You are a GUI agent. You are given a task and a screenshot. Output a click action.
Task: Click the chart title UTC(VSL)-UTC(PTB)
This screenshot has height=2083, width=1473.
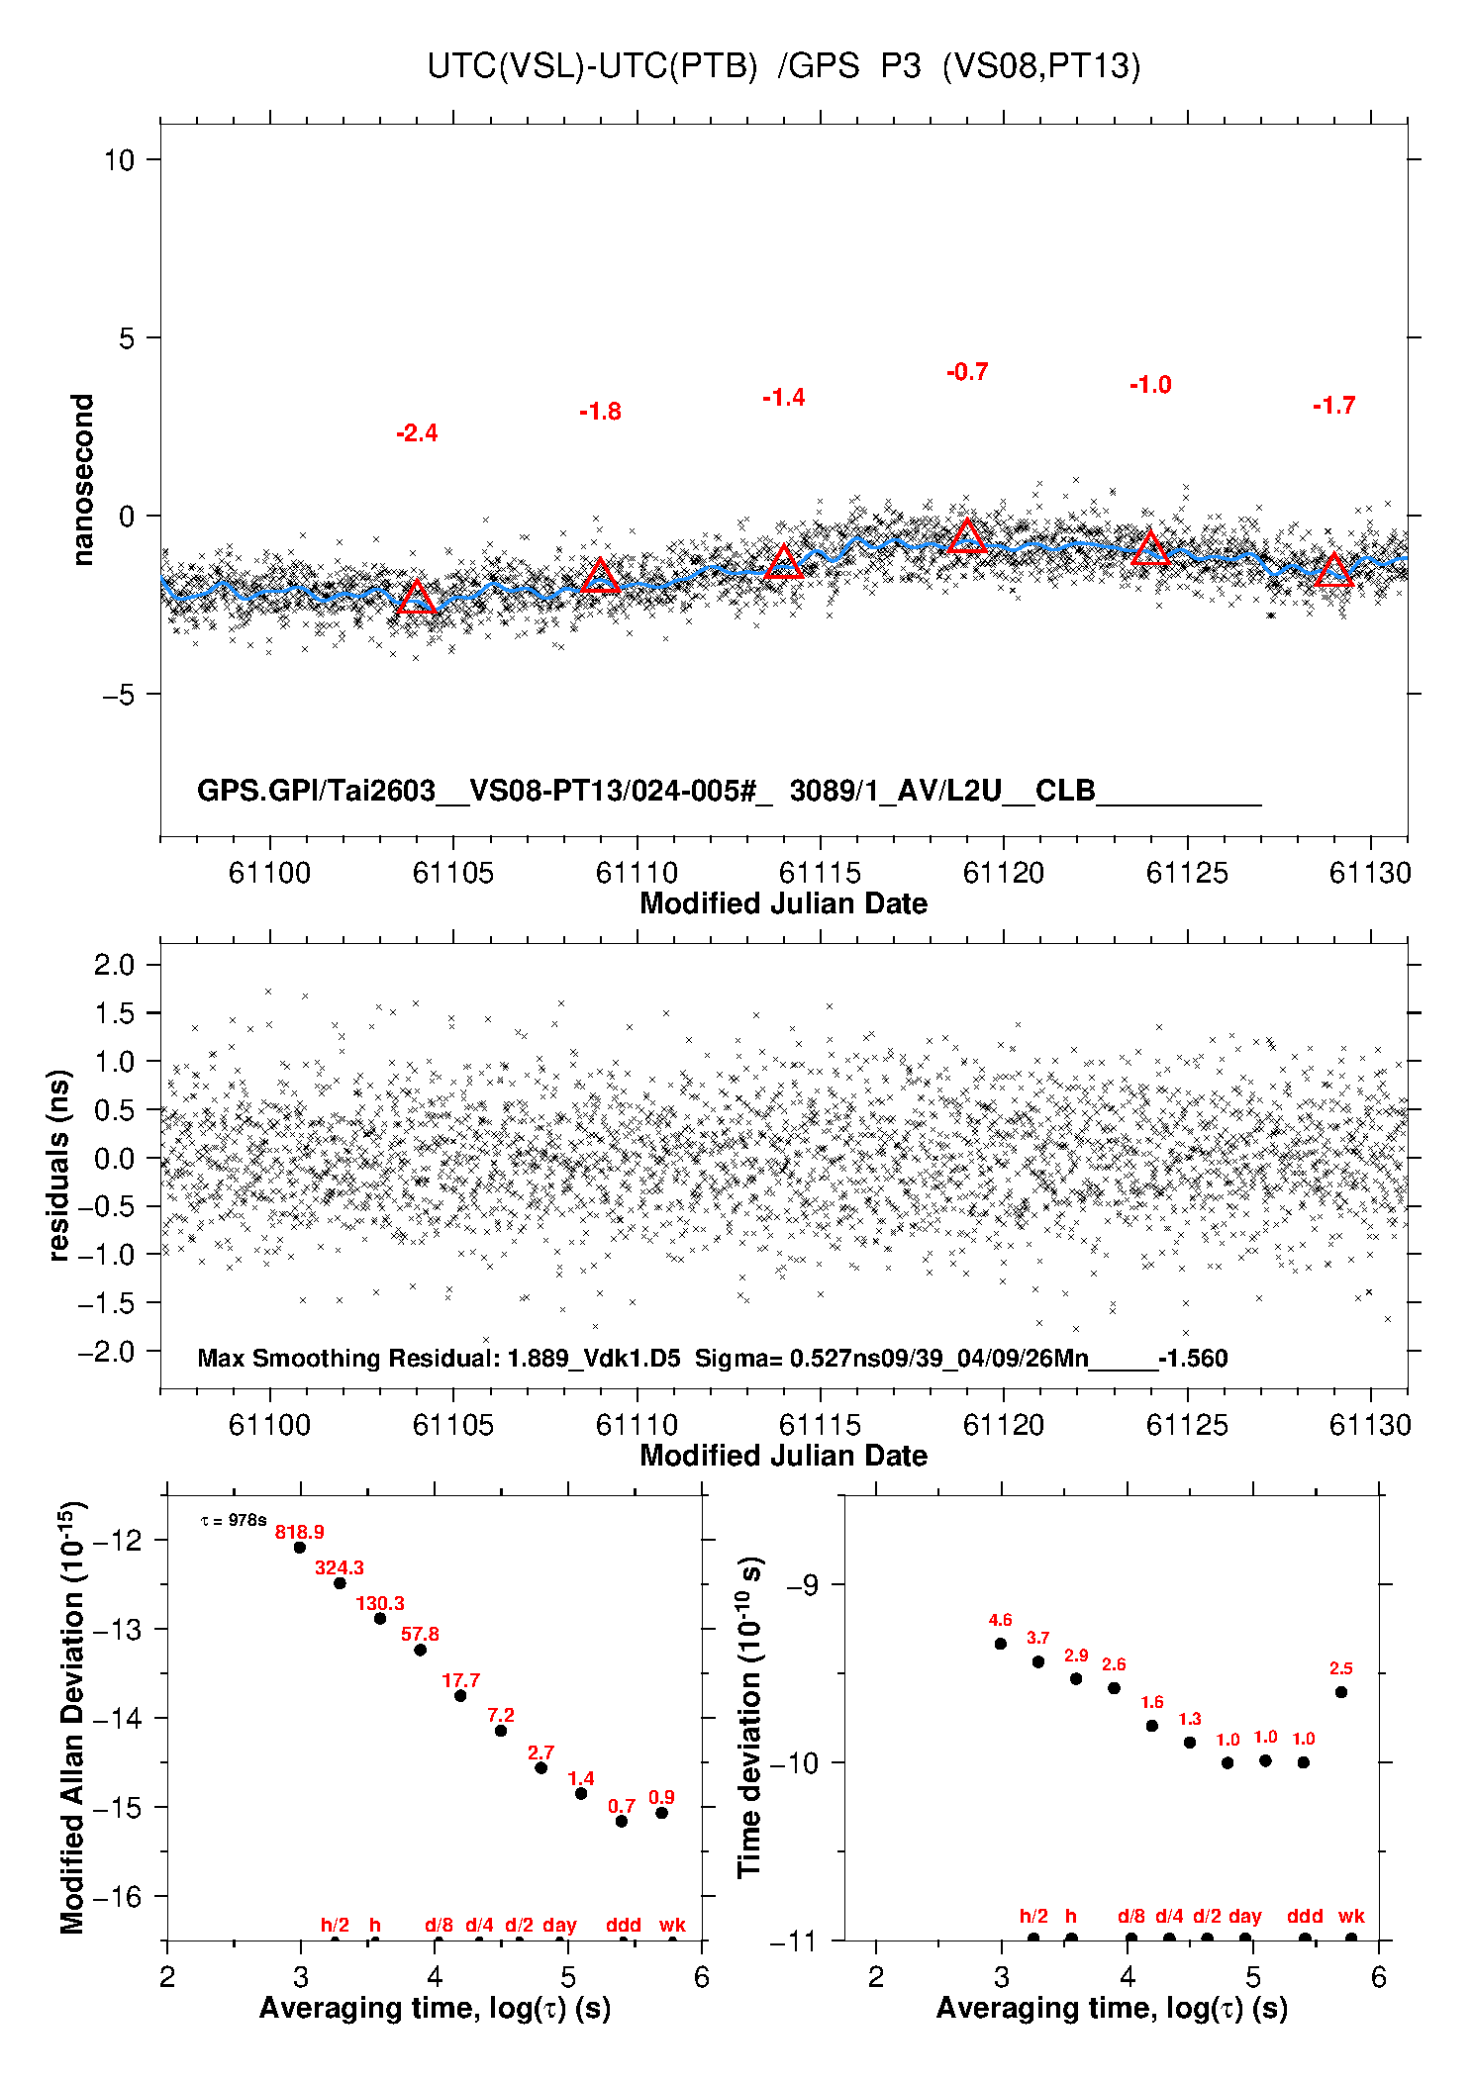[592, 66]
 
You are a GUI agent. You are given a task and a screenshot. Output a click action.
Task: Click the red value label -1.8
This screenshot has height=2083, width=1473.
[600, 412]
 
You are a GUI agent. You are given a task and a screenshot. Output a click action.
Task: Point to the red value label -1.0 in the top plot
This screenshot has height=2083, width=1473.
[1150, 385]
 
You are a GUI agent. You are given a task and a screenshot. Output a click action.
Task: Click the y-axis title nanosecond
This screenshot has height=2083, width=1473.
[83, 480]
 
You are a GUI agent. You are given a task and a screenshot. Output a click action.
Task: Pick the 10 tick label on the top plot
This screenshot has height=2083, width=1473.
[119, 160]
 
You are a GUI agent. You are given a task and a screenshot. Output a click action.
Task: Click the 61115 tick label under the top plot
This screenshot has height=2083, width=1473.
[820, 873]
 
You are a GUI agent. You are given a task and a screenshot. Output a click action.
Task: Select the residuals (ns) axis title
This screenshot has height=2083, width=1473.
[59, 1165]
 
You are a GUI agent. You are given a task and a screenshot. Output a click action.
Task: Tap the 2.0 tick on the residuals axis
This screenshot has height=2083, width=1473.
[114, 965]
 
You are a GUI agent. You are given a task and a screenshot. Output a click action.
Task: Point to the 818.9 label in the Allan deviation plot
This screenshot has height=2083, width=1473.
[300, 1532]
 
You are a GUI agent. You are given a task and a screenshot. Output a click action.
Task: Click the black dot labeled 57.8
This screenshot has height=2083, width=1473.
[420, 1650]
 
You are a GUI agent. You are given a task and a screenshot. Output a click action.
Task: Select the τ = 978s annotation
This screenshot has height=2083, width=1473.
[234, 1520]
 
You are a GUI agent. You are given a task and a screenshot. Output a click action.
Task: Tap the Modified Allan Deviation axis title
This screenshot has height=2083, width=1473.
[73, 1717]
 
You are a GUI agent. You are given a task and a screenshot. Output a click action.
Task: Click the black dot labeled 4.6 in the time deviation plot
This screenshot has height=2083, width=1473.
[1001, 1644]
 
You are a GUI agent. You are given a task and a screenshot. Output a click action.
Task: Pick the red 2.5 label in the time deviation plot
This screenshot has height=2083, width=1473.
[1341, 1668]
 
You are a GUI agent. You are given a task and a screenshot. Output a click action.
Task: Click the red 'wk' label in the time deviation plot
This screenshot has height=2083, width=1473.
[1351, 1916]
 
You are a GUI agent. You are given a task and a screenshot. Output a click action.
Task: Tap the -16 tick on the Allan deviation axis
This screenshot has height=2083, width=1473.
[118, 1897]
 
